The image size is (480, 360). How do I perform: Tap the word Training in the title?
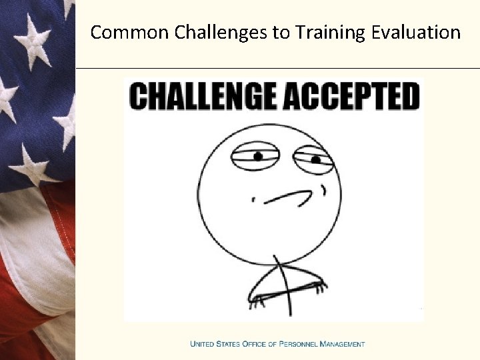(321, 32)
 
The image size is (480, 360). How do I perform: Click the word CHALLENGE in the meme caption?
(203, 96)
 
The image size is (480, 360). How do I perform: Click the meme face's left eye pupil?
(258, 157)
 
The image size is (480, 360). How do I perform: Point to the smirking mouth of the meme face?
(287, 196)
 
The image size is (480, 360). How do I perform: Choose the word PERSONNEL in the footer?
(301, 344)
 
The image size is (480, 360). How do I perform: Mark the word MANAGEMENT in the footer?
(343, 344)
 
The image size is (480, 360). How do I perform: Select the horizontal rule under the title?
(277, 68)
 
